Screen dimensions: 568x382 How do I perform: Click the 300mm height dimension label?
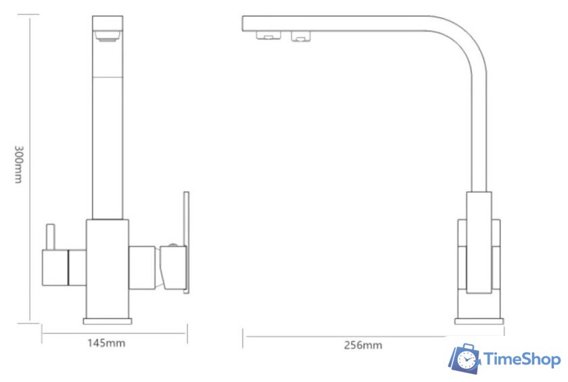(x=18, y=165)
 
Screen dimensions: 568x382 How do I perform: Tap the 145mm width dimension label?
(x=106, y=343)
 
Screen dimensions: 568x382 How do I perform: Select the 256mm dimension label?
(x=363, y=345)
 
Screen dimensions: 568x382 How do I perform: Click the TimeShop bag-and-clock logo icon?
(x=465, y=359)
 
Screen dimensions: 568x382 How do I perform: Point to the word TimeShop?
(x=522, y=360)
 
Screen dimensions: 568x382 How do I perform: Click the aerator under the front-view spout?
(x=108, y=36)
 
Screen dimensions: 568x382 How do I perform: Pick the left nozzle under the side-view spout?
(x=268, y=35)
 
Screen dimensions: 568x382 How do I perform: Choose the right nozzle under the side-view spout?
(x=301, y=36)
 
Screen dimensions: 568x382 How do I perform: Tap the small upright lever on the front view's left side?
(x=50, y=237)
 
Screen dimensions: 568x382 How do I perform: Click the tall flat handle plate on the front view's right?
(x=186, y=242)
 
